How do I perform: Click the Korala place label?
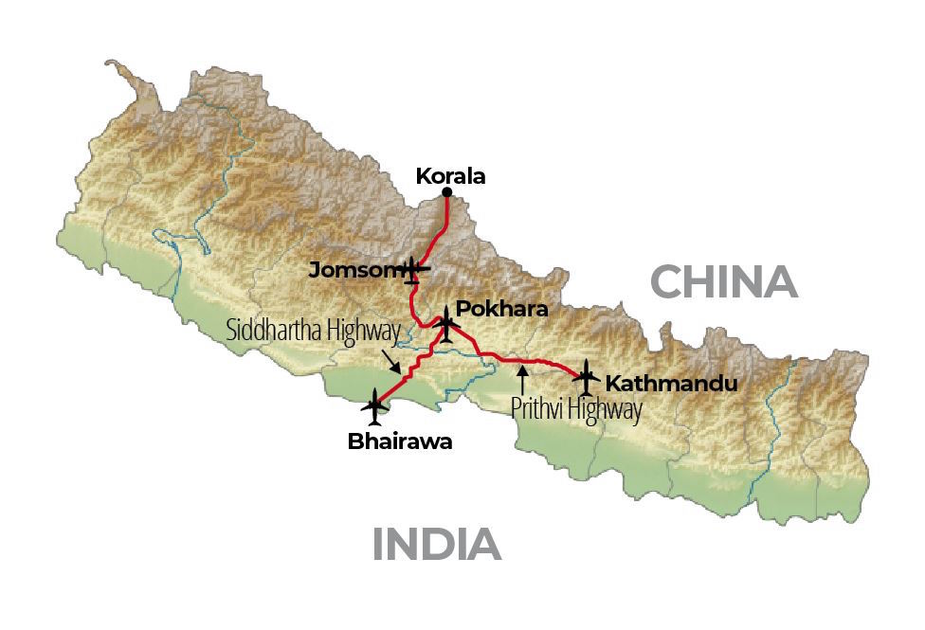click(x=450, y=175)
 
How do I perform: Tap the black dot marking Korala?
click(x=447, y=193)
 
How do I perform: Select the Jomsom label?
click(x=350, y=271)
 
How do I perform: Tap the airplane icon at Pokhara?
click(x=445, y=325)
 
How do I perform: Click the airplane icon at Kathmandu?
click(x=587, y=377)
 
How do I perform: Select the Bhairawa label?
click(x=400, y=441)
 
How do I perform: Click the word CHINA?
click(x=722, y=282)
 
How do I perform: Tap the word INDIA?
click(x=436, y=545)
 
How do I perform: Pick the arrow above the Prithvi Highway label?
click(x=521, y=378)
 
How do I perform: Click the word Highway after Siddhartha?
click(x=365, y=331)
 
